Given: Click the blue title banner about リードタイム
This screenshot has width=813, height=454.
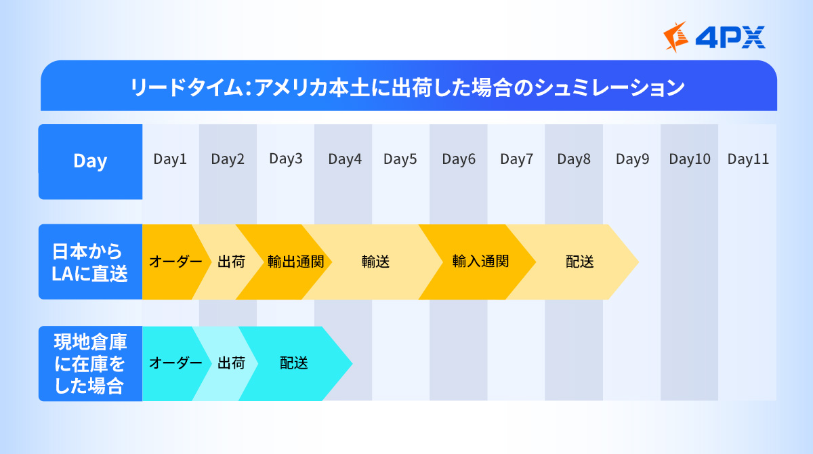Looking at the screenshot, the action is coord(409,86).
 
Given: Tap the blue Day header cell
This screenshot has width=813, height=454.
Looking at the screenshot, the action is coord(90,161).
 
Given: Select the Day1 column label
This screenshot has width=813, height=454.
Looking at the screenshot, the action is coord(170,159).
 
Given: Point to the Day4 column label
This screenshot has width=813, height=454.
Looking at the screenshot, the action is coord(345,159).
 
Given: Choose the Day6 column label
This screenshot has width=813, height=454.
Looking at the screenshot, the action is coord(459,159).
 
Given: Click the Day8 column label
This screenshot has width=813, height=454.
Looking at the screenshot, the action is coord(574,159).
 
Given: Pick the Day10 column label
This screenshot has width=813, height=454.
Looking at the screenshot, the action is coord(690,159).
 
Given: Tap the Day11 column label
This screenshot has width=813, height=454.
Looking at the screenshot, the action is coord(748,159).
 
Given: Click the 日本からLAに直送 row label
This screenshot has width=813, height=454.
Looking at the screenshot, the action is coord(90,262).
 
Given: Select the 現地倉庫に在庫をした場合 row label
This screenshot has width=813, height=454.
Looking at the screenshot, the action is coord(90,363).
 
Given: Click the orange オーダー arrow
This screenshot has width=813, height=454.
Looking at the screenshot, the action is coord(175,262).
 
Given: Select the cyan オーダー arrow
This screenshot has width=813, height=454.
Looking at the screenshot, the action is coord(175,363).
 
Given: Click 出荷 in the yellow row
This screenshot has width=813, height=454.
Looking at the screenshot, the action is coord(231,262).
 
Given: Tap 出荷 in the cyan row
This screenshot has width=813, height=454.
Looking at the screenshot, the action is coord(231,363).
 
